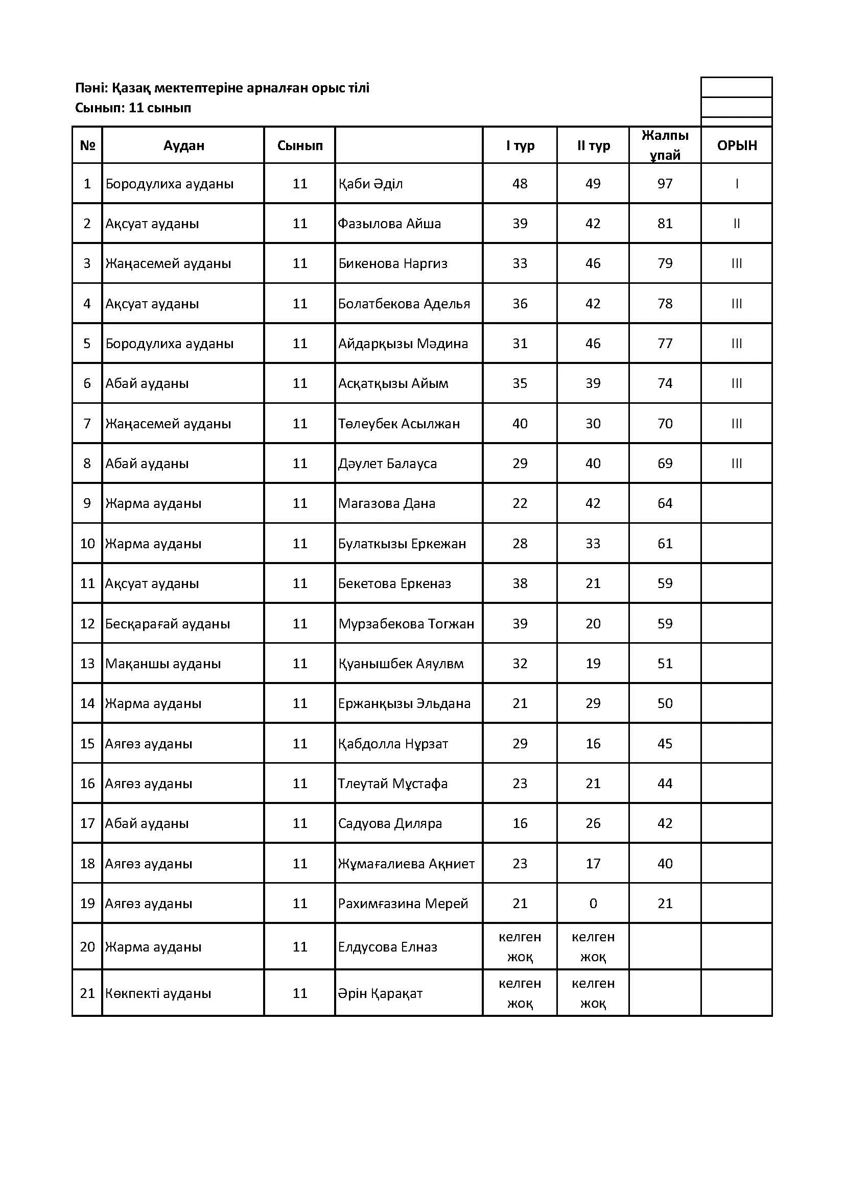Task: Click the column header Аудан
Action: pos(184,145)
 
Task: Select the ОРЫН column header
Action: pos(736,145)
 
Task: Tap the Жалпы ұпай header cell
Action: pos(665,145)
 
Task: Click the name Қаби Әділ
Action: pos(370,184)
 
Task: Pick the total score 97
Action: pos(665,184)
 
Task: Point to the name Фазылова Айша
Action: pos(389,224)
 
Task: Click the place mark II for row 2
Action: pos(736,224)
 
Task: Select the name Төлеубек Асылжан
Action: pos(399,424)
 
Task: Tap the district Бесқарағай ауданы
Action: pos(168,623)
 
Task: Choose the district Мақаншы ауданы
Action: pos(163,664)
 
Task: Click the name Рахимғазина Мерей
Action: pos(403,904)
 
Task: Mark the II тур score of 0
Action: pos(593,904)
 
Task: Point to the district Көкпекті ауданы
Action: pos(158,993)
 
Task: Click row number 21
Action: pos(87,993)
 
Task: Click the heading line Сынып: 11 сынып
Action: pos(133,108)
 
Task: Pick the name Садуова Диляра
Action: pos(390,823)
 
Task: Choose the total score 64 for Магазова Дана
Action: pos(665,503)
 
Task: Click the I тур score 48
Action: pos(520,184)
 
